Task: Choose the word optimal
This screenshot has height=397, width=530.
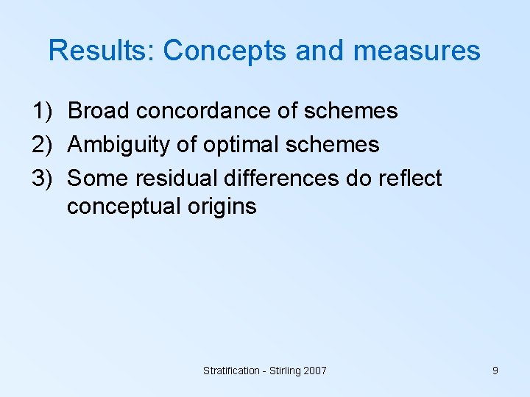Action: [x=236, y=145]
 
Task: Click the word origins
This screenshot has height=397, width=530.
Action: [x=221, y=207]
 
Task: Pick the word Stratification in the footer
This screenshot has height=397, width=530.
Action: [x=231, y=371]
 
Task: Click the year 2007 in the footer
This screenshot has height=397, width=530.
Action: [x=313, y=371]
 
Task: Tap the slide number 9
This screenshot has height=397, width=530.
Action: [x=495, y=371]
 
